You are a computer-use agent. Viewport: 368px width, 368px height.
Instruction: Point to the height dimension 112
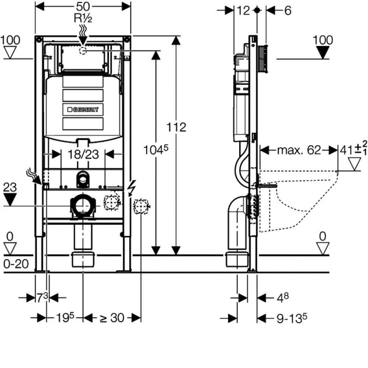(176, 127)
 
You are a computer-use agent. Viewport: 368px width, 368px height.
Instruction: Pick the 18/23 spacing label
(83, 155)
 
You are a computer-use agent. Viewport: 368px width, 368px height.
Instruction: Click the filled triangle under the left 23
(10, 199)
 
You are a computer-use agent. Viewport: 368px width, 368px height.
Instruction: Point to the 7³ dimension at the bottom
(42, 297)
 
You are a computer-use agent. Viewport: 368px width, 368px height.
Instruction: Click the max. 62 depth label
(299, 150)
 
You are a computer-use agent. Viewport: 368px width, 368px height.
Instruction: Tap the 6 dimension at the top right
(287, 10)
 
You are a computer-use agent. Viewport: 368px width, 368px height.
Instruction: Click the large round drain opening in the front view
(83, 205)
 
